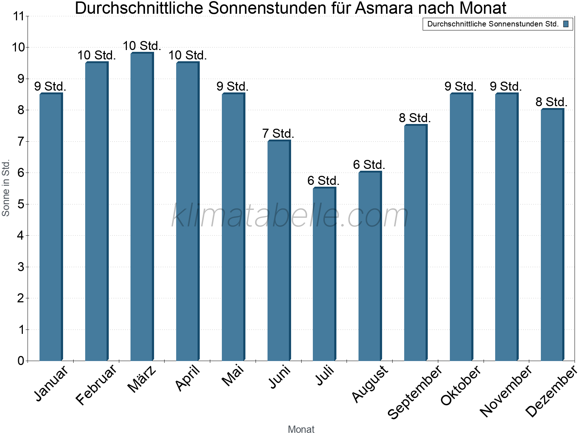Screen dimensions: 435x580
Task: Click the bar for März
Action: (x=142, y=207)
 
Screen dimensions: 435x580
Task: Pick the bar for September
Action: (x=415, y=243)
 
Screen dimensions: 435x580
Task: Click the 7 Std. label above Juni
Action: (x=278, y=133)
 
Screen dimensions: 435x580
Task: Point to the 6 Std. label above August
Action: (x=369, y=165)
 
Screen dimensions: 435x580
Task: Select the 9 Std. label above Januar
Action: (x=50, y=86)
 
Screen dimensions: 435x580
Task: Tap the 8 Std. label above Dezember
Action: (x=551, y=102)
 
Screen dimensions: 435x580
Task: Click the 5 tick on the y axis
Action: (x=21, y=204)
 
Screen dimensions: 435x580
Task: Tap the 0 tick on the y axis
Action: (x=21, y=361)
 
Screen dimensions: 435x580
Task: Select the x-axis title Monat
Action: (x=301, y=429)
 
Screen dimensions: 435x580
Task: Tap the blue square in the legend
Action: (x=565, y=24)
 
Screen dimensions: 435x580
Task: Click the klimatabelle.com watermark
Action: (x=290, y=216)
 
